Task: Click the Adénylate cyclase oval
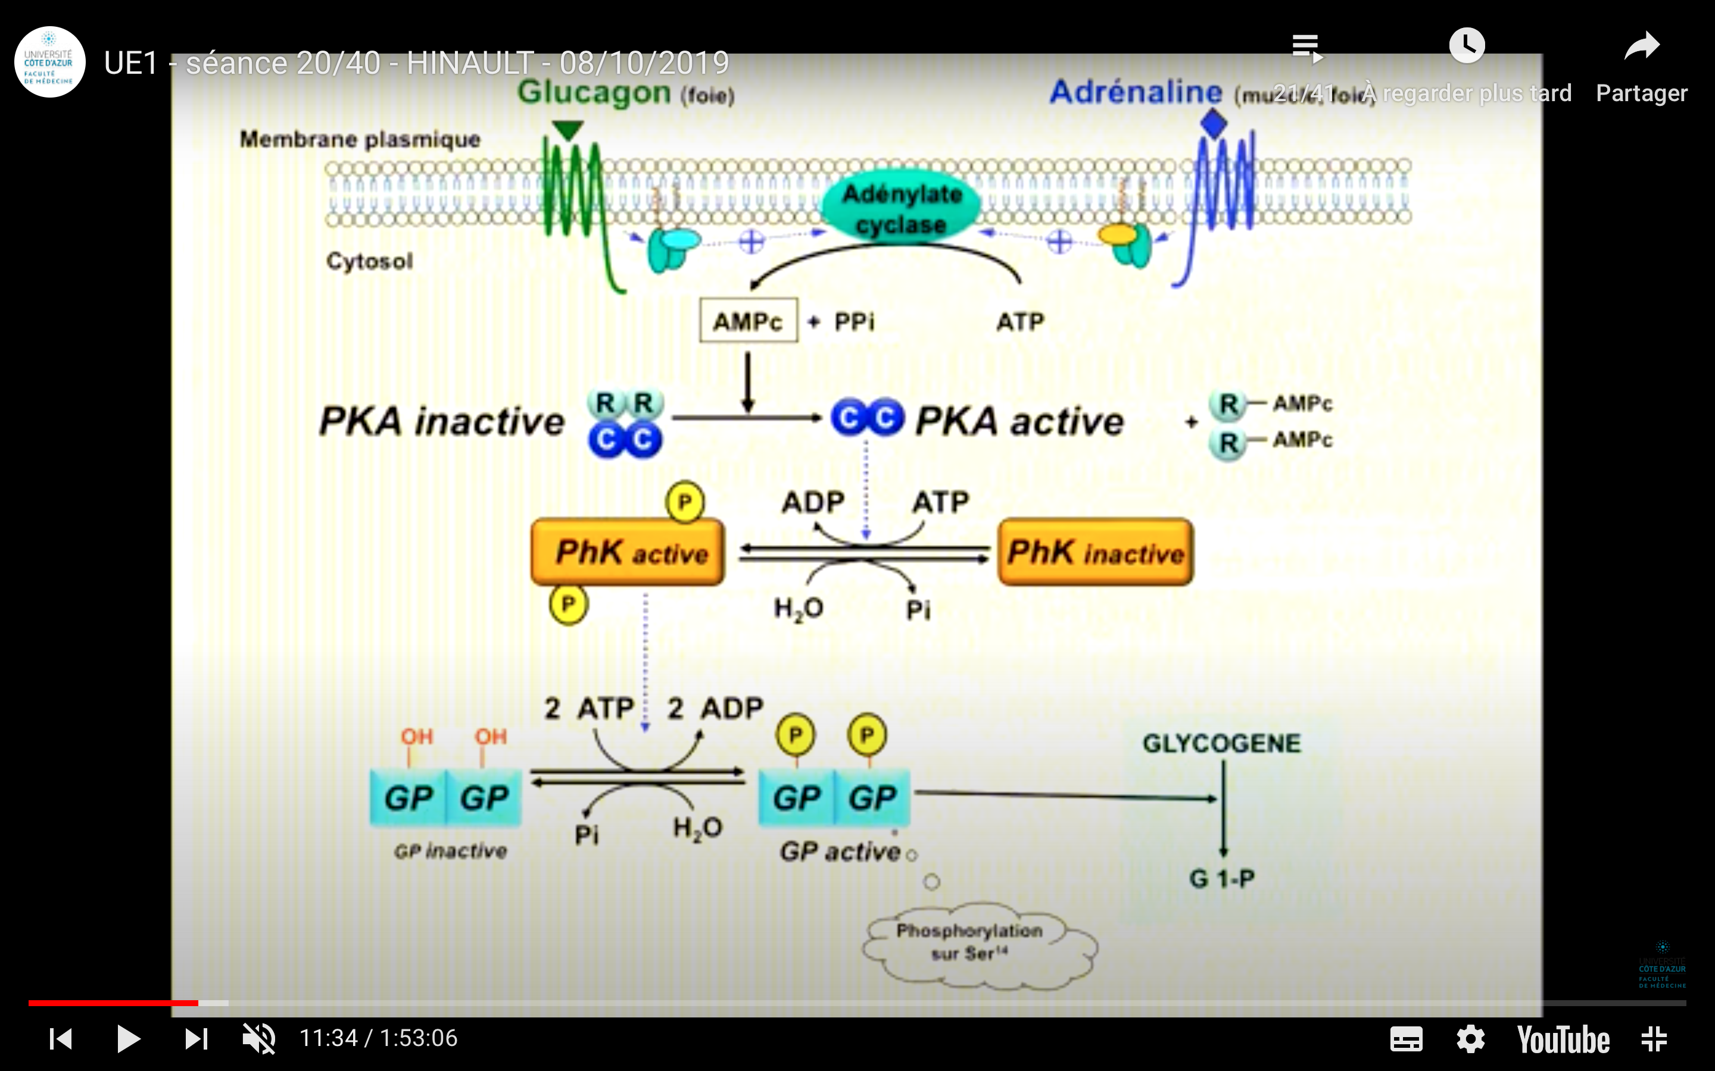(x=901, y=208)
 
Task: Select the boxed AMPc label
(x=748, y=321)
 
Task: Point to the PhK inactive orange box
(x=1096, y=553)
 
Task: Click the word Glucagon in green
(x=594, y=93)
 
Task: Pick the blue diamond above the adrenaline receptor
(x=1213, y=124)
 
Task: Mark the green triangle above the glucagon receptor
(x=567, y=130)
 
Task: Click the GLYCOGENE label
(x=1222, y=744)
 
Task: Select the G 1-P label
(x=1222, y=879)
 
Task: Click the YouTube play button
(x=127, y=1038)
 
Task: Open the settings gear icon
(x=1470, y=1039)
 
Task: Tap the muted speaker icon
(x=258, y=1038)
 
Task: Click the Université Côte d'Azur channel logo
(x=49, y=62)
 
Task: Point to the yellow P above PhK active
(x=685, y=502)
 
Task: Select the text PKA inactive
(x=441, y=421)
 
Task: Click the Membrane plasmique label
(x=360, y=140)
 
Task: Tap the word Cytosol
(x=369, y=261)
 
